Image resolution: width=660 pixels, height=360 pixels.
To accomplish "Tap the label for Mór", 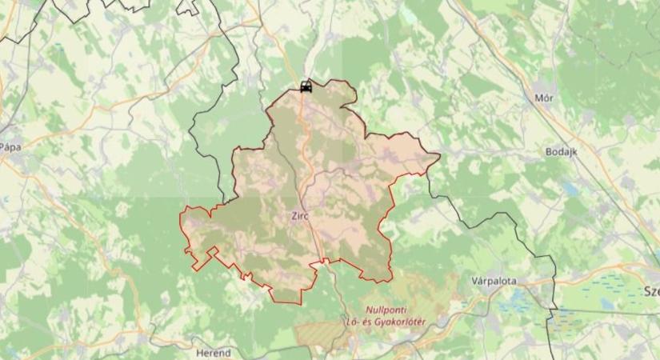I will coord(543,98).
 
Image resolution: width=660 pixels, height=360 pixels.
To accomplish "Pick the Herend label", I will coord(213,352).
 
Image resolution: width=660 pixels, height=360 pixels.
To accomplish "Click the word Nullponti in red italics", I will coord(387,310).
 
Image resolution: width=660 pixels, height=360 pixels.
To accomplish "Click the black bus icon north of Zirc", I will coord(305,86).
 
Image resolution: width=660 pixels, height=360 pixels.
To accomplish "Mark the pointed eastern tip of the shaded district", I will coord(438,155).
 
